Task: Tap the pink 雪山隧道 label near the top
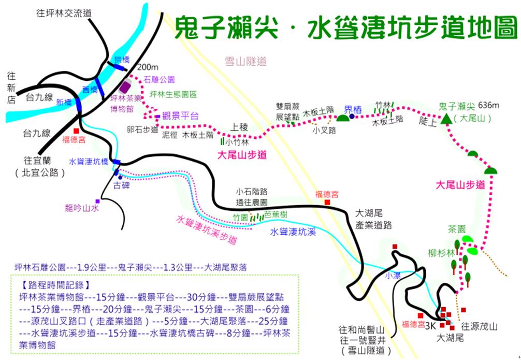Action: click(246, 61)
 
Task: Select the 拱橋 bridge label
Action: click(122, 60)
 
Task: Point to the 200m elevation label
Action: click(148, 67)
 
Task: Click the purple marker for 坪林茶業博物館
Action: click(125, 87)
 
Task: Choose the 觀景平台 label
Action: click(180, 116)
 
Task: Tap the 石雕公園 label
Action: click(159, 79)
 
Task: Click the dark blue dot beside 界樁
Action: click(352, 117)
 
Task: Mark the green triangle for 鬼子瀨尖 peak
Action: click(446, 119)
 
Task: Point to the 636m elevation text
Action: click(489, 105)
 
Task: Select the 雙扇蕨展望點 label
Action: click(288, 111)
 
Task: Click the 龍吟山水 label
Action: click(82, 208)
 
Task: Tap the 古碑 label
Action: click(122, 185)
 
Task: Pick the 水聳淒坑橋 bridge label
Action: click(89, 162)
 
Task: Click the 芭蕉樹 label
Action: click(276, 214)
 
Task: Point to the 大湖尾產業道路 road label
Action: click(373, 219)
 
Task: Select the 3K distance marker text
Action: click(430, 326)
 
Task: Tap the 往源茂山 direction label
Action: click(480, 326)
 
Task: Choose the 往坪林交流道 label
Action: click(64, 13)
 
